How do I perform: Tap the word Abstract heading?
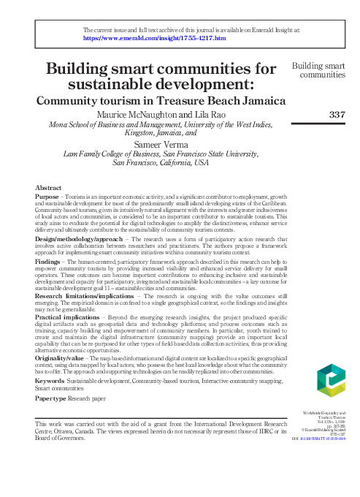48,188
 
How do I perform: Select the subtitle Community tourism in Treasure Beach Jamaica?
161,101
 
